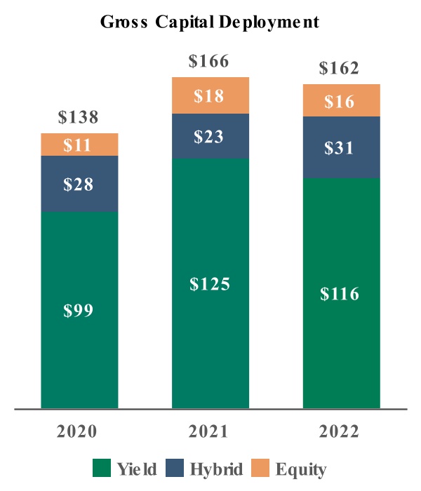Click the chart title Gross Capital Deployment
210,22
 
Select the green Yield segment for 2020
79,309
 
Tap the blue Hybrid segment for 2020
79,184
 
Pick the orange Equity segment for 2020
79,144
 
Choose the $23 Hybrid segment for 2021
210,136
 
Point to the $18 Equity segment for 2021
210,95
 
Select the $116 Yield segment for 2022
342,292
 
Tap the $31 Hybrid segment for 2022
342,147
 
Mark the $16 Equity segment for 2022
342,100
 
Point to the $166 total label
210,62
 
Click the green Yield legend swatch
103,467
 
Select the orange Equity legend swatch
262,467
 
